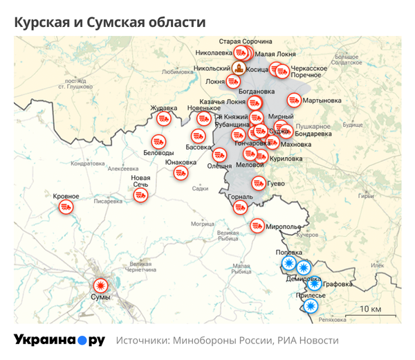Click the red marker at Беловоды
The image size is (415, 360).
click(x=158, y=141)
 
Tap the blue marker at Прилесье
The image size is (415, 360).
click(x=311, y=305)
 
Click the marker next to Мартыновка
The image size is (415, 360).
click(x=294, y=101)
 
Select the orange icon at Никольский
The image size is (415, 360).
click(x=239, y=69)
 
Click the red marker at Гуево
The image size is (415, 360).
click(x=258, y=183)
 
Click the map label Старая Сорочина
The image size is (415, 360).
click(x=246, y=42)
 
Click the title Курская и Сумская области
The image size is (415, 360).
click(x=110, y=22)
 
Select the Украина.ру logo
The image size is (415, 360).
click(x=59, y=340)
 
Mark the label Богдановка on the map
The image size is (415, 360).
click(x=257, y=91)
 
